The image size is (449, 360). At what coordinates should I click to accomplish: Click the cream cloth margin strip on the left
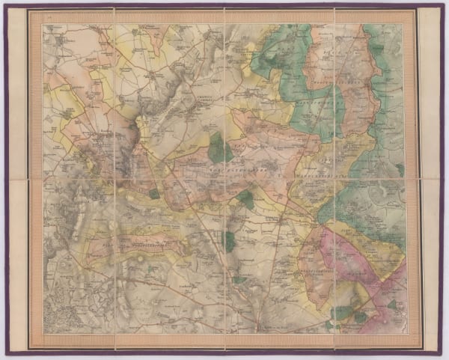point(18,180)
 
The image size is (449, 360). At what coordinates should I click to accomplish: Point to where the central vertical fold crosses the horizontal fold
point(225,177)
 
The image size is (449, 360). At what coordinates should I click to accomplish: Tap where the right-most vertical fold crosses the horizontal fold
point(333,177)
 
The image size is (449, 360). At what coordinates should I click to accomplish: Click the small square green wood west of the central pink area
point(154,193)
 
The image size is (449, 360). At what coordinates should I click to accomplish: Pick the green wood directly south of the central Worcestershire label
point(245,199)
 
